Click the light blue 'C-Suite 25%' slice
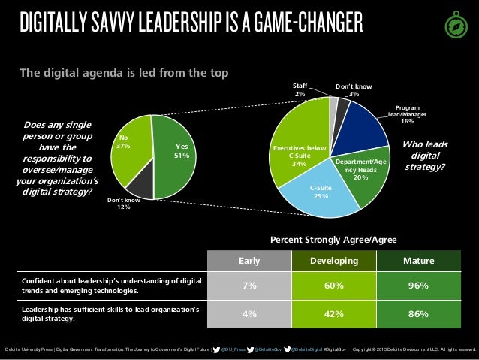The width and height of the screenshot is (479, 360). tap(321, 193)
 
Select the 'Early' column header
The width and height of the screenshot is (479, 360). tap(249, 261)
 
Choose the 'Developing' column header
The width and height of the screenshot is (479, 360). tap(333, 261)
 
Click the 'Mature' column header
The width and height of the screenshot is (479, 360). tap(418, 261)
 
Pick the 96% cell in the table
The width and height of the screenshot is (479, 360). tap(418, 286)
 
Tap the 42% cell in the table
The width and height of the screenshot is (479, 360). tap(333, 315)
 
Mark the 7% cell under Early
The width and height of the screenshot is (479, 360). tap(249, 286)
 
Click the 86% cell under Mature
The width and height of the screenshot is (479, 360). tap(418, 315)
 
